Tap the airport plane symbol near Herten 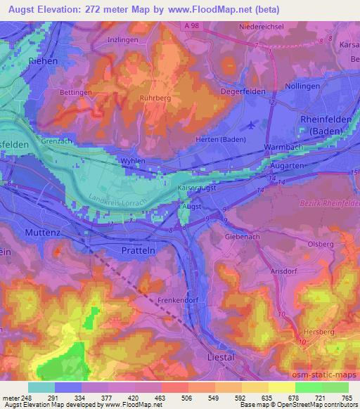pyautogui.click(x=252, y=126)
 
